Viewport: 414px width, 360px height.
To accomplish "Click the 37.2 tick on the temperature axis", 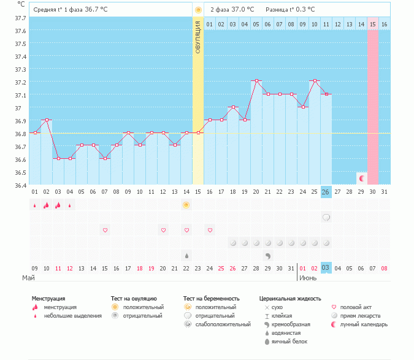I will (x=20, y=82).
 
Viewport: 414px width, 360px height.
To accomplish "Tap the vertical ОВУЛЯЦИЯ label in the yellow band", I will (x=198, y=37).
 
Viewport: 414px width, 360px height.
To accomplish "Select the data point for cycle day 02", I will (x=47, y=120).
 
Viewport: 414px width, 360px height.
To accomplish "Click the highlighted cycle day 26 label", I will (x=326, y=192).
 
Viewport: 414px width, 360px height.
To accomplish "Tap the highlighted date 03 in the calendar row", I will (x=326, y=267).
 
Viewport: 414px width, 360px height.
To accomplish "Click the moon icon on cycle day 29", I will (x=362, y=178).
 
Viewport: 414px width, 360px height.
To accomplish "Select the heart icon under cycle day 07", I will (x=105, y=230).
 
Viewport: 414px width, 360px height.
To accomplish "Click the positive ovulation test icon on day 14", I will (x=186, y=205).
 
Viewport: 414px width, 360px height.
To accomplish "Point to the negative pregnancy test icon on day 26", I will (x=326, y=217).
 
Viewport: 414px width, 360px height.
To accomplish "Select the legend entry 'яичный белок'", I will (x=290, y=341).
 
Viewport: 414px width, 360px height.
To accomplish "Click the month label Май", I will (x=28, y=278).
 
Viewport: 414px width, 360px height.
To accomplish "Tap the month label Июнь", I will (x=308, y=278).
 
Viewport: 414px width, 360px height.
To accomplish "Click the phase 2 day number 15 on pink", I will (x=372, y=24).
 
